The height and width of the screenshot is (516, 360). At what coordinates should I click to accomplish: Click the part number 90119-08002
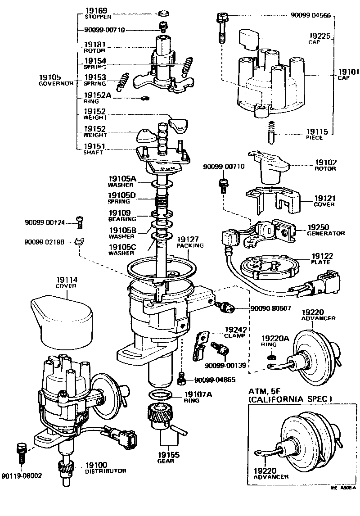coord(21,475)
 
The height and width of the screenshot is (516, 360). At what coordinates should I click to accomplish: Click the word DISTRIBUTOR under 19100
coord(105,471)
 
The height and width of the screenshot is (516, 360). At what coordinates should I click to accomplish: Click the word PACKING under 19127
coord(190,246)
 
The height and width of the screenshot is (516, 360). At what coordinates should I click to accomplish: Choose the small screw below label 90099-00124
coord(80,222)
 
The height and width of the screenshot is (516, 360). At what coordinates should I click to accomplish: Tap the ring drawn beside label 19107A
coord(159,396)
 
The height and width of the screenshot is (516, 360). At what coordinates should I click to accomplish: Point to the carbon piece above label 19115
coord(272,130)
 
